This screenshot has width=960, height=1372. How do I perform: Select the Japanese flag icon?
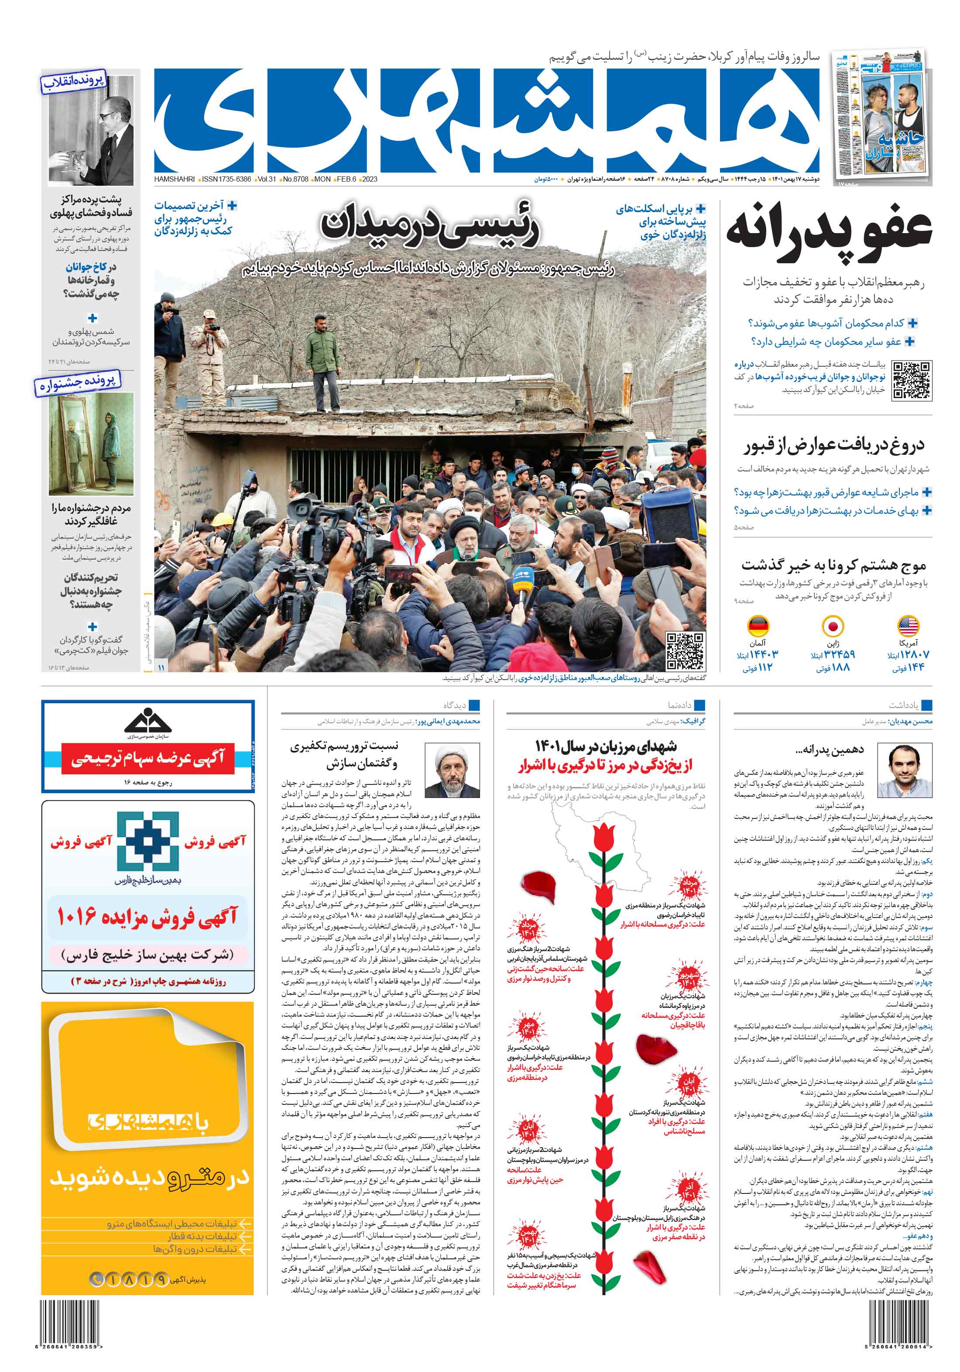coord(832,626)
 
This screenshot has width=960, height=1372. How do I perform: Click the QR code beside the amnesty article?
coord(912,380)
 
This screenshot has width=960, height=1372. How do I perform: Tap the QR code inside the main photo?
coord(685,651)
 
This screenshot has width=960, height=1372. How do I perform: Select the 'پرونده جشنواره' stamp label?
coord(77,383)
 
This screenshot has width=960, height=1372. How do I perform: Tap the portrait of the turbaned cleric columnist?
coord(452,770)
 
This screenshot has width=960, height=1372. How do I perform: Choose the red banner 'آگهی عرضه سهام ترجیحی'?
coord(147,758)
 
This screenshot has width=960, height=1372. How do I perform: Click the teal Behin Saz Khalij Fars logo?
coord(147,841)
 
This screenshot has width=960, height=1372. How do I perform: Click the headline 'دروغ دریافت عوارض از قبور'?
coord(833,444)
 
